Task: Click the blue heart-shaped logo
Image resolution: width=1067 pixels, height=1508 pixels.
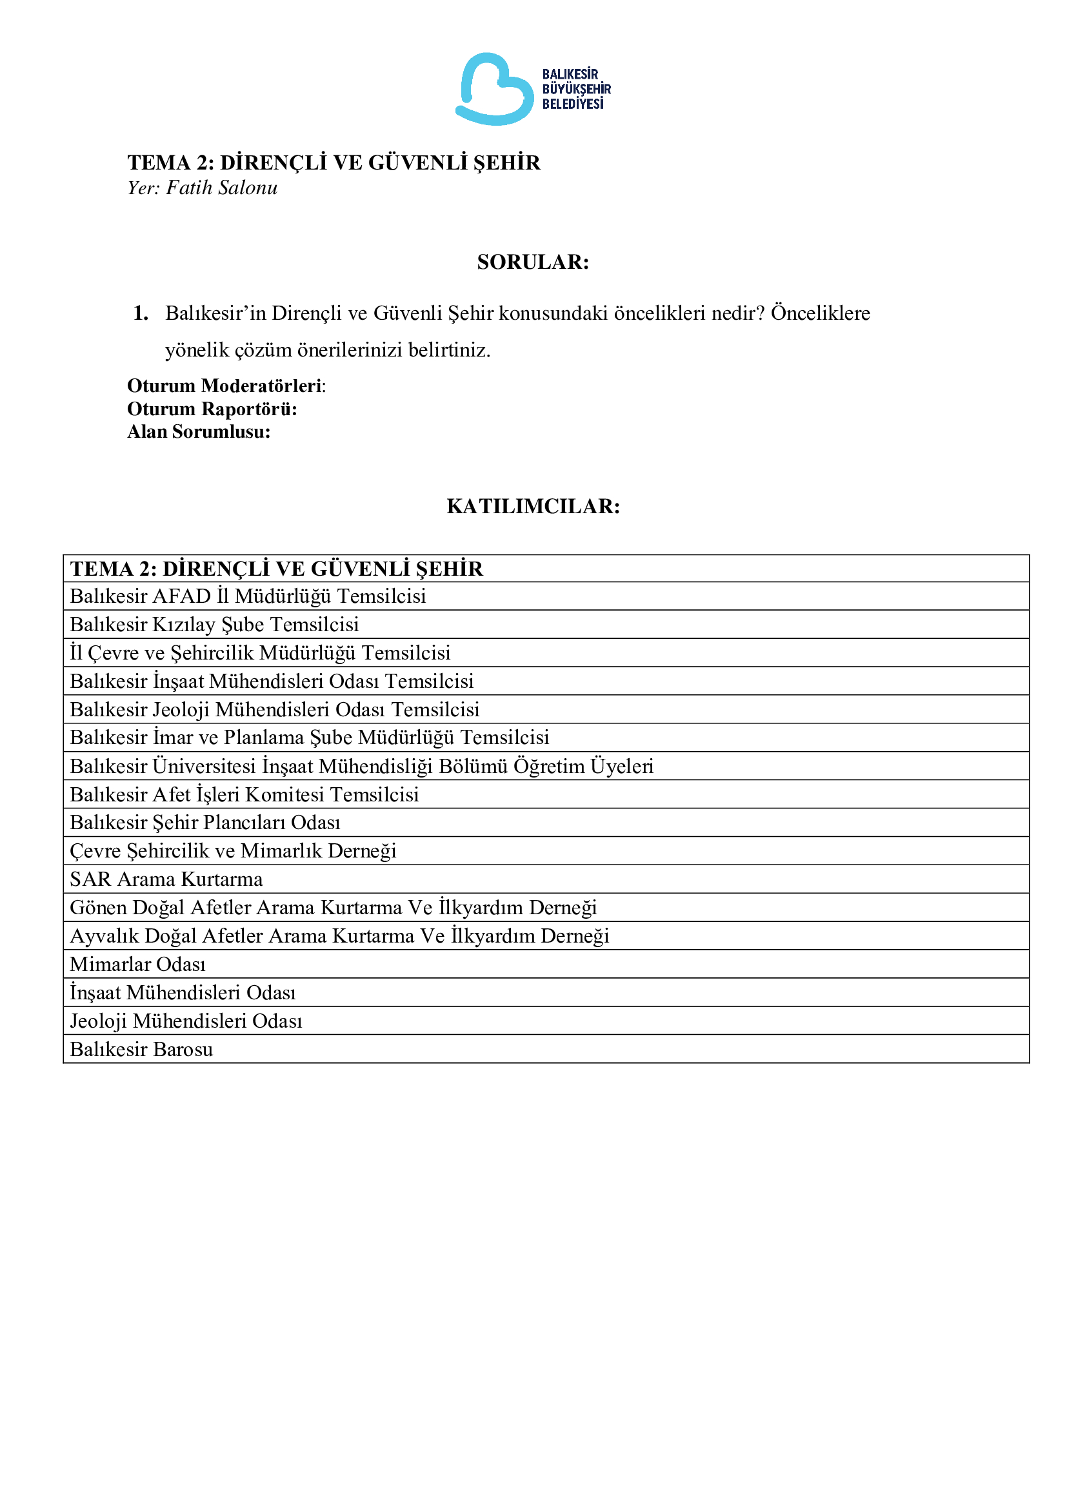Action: [x=495, y=90]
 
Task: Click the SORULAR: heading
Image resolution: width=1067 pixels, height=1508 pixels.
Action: [x=533, y=262]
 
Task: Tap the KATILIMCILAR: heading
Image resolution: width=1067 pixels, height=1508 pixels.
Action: [x=533, y=506]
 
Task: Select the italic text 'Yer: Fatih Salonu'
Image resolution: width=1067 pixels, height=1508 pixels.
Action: [x=203, y=188]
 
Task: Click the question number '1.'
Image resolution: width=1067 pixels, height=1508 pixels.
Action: [x=141, y=313]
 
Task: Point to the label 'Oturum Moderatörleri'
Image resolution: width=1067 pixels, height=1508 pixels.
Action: [x=224, y=386]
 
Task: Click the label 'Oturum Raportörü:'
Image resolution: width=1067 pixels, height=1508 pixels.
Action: [x=212, y=409]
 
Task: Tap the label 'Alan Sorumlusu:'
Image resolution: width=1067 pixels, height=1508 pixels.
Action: [x=199, y=432]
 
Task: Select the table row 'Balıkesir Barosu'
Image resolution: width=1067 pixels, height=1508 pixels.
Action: [x=142, y=1050]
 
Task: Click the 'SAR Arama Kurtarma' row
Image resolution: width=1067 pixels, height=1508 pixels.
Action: [x=166, y=879]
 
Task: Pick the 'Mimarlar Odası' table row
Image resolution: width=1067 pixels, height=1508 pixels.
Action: [x=138, y=964]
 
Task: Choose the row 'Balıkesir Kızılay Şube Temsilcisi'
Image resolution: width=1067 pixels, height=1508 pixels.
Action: [x=215, y=625]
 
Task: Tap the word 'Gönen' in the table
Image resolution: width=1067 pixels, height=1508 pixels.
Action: [x=99, y=908]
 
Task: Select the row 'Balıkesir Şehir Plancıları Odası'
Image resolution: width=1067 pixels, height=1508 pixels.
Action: [x=205, y=823]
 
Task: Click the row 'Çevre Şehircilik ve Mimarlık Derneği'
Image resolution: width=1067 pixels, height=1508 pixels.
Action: [x=234, y=851]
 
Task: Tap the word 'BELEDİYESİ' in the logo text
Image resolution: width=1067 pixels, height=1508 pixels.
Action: [x=573, y=104]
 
